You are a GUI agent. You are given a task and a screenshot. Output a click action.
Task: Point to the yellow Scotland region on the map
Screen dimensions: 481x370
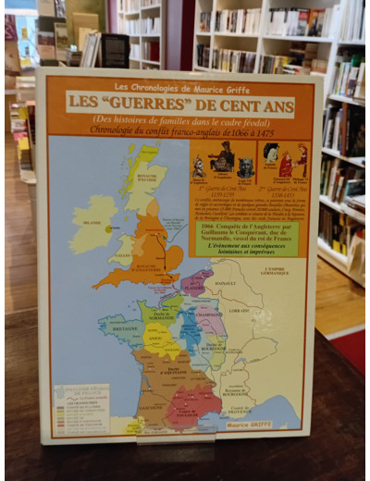pyautogui.click(x=144, y=172)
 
